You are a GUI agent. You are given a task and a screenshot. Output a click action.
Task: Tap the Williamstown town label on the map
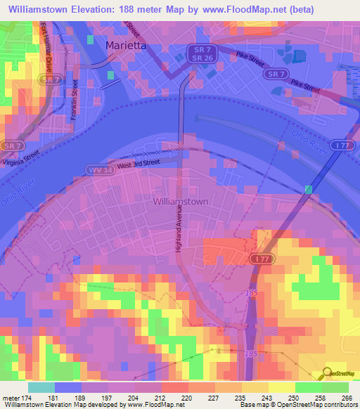tap(181, 201)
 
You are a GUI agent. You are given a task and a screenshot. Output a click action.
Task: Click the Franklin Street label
tap(73, 98)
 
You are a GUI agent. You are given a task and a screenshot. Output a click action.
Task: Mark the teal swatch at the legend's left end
tap(41, 387)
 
